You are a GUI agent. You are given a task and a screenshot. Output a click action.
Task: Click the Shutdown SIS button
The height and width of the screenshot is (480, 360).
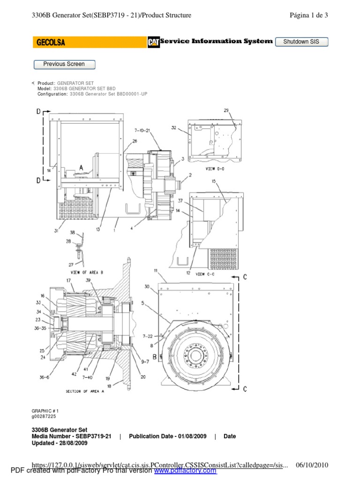[301, 42]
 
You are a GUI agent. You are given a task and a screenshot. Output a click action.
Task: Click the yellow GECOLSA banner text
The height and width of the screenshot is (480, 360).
[51, 43]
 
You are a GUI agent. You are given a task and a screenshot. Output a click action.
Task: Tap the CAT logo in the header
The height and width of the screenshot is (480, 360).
[153, 42]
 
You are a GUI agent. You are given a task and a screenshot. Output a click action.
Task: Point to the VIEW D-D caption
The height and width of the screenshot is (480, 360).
[216, 169]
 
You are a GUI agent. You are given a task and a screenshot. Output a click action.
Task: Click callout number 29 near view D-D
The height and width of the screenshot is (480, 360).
[226, 111]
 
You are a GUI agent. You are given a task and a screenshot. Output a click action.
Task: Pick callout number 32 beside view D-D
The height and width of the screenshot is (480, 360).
[173, 127]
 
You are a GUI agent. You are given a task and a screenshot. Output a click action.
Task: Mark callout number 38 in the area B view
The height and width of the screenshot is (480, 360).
[72, 232]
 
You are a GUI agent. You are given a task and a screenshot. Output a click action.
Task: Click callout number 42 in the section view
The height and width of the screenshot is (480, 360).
[75, 374]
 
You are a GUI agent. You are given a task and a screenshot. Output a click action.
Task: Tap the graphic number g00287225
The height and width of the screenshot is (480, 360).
[44, 416]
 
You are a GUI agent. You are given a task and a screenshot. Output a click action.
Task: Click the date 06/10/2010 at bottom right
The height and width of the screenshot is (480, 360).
[313, 465]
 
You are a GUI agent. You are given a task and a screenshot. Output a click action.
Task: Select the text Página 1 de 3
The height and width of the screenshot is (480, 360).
[309, 15]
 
